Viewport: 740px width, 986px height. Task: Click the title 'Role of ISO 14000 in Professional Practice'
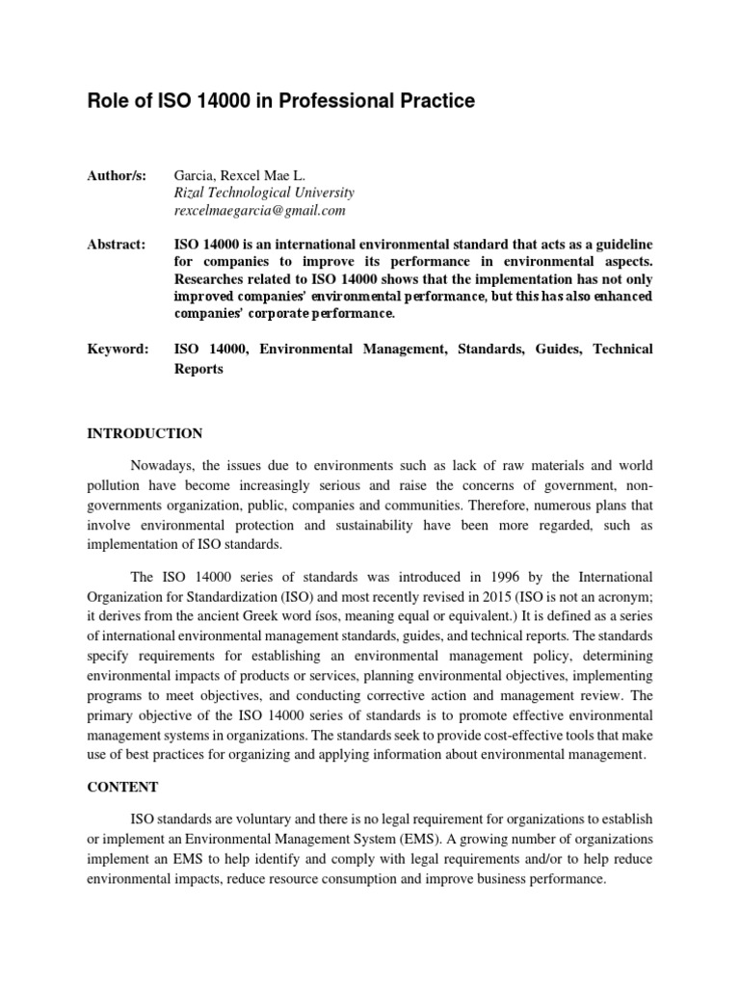[x=281, y=100]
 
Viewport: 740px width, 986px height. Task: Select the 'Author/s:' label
[x=117, y=175]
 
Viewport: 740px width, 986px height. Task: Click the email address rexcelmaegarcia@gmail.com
[x=259, y=210]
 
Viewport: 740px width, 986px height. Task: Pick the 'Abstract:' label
[x=117, y=245]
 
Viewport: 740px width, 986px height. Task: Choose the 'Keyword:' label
[x=118, y=349]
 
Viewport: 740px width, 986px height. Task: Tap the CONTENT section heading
[x=122, y=787]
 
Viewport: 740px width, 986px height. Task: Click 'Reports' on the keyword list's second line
[x=198, y=369]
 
